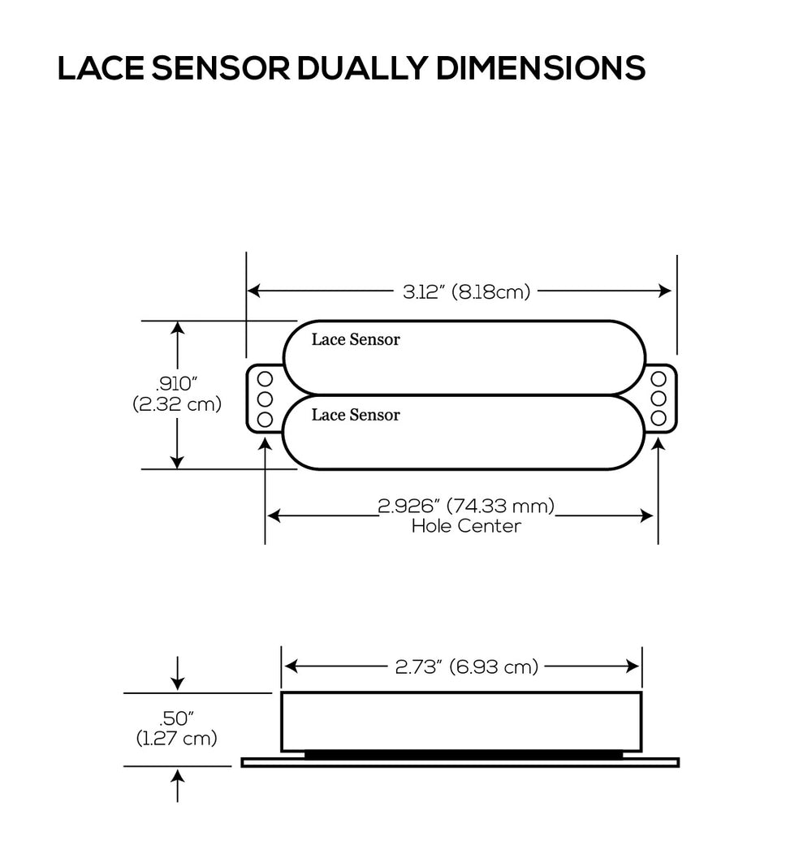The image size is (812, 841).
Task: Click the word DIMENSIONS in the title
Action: (x=541, y=70)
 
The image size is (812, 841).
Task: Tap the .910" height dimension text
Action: (x=177, y=385)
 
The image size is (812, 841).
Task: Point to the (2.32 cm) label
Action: (x=177, y=404)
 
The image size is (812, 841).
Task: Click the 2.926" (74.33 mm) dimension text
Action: (x=466, y=507)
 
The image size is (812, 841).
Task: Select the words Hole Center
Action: (x=466, y=526)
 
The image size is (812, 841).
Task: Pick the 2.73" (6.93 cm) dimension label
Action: (x=466, y=667)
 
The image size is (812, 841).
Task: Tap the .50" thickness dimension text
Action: (x=177, y=718)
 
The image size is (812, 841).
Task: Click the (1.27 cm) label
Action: (x=177, y=738)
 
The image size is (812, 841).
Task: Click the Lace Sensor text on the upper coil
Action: (x=356, y=340)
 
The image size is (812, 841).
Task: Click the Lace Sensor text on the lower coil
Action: (x=356, y=415)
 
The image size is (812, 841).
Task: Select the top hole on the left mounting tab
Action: (x=264, y=378)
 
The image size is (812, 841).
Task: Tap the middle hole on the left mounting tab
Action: (x=264, y=399)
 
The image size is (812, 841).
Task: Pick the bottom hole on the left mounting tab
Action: (x=264, y=419)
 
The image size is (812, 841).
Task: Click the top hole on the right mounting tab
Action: (x=659, y=378)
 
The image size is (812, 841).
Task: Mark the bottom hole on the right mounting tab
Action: (x=659, y=419)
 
